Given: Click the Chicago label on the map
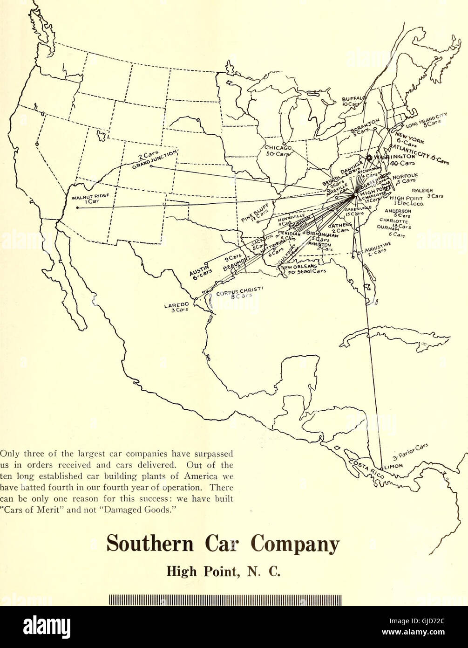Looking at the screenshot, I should coord(278,148).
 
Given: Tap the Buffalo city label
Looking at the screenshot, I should coord(353,98).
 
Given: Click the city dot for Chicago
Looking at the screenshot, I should coord(284,143).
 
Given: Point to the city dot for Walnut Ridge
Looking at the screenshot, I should coord(77,207).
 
